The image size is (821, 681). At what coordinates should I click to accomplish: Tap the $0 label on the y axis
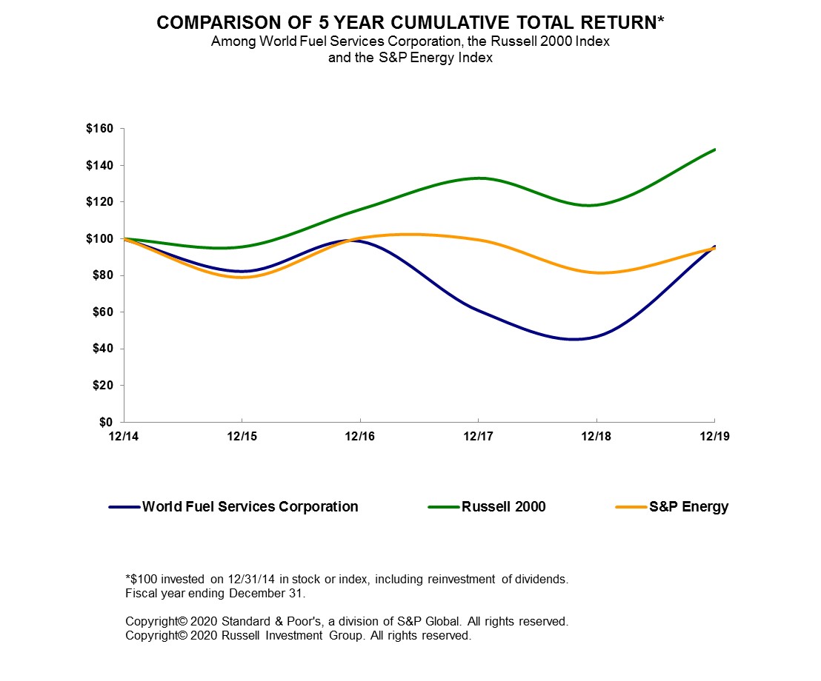[x=108, y=422]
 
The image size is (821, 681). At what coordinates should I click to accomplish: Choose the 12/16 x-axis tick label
[x=359, y=436]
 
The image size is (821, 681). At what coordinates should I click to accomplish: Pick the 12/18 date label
[x=596, y=436]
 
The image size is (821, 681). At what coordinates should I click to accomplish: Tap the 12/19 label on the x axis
[x=714, y=436]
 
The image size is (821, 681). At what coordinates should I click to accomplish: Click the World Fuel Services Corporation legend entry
[x=250, y=507]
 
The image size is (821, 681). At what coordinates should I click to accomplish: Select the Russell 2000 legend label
[x=503, y=507]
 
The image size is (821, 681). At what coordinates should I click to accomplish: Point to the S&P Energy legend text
[x=689, y=507]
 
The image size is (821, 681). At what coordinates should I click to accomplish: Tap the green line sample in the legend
[x=444, y=507]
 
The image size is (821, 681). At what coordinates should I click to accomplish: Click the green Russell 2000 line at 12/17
[x=478, y=178]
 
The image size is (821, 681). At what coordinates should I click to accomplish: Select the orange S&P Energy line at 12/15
[x=242, y=277]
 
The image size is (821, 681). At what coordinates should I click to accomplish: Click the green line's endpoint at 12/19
[x=714, y=150]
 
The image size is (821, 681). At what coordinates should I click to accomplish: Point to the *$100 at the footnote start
[x=141, y=579]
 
